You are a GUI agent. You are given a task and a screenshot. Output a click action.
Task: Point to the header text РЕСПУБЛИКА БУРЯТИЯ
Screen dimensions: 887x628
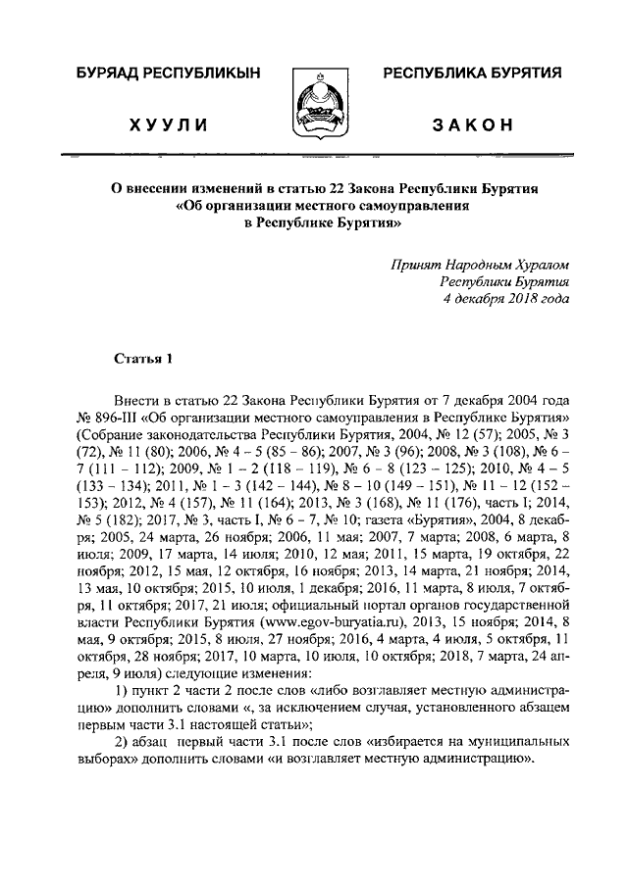[472, 74]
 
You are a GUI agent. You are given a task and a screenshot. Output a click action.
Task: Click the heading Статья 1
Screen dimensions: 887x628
[143, 359]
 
